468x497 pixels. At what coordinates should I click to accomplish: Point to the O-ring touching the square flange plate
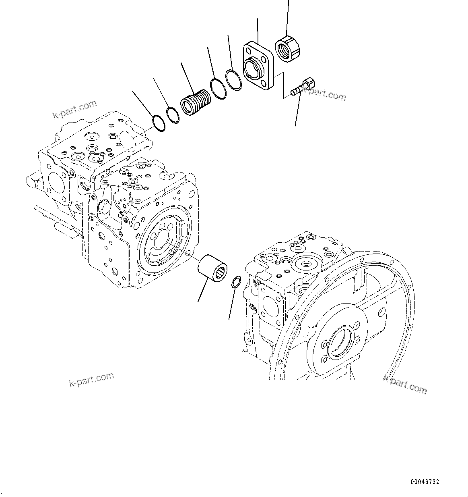pyautogui.click(x=233, y=80)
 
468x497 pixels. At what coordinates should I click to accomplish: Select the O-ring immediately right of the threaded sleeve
pyautogui.click(x=218, y=89)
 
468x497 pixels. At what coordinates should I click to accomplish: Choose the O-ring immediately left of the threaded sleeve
pyautogui.click(x=174, y=114)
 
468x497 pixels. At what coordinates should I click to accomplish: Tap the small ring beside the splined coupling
pyautogui.click(x=236, y=282)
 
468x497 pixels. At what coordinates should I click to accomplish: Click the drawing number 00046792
pyautogui.click(x=425, y=482)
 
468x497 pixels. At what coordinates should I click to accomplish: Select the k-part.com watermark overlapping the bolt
pyautogui.click(x=324, y=95)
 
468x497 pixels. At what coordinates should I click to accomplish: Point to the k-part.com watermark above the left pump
pyautogui.click(x=75, y=109)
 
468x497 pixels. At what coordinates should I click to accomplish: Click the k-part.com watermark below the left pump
pyautogui.click(x=92, y=379)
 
